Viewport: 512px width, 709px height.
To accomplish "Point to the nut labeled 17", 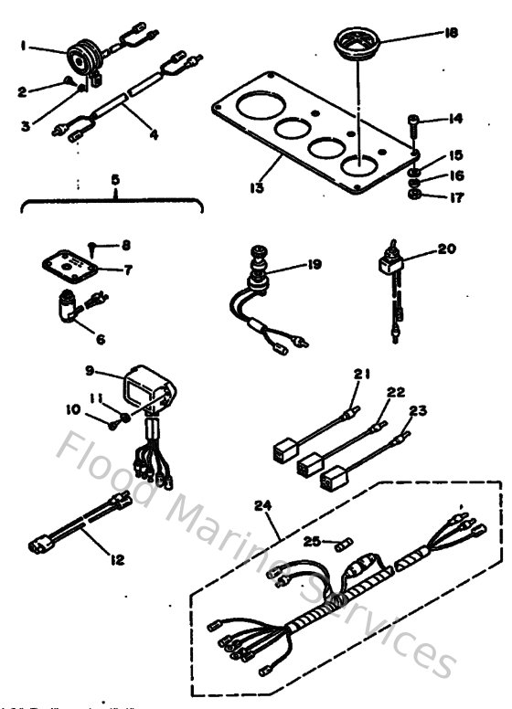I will pyautogui.click(x=414, y=196).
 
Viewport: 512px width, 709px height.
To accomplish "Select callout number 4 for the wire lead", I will pyautogui.click(x=153, y=134).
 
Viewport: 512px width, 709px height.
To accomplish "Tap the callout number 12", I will pyautogui.click(x=118, y=557).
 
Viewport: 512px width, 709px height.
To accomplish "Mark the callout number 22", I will pyautogui.click(x=395, y=393).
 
